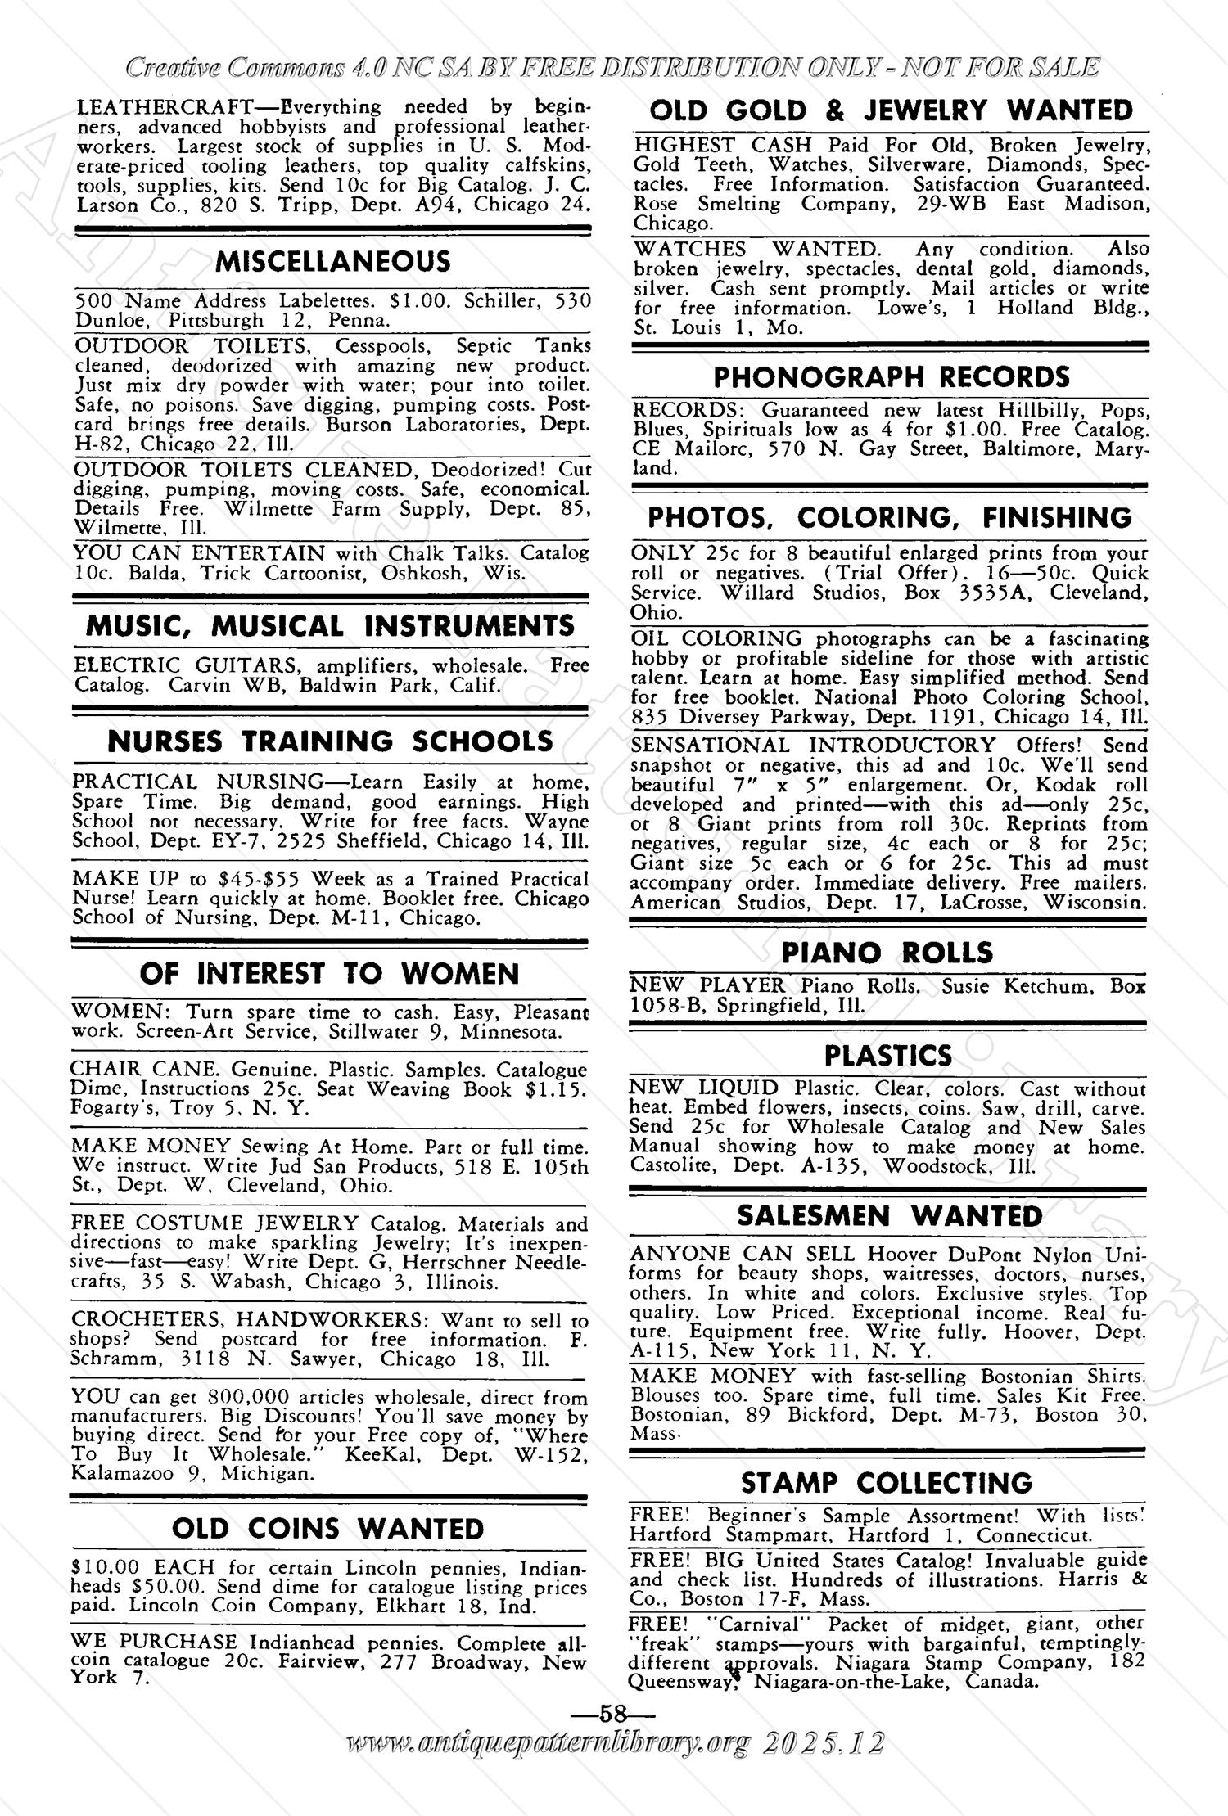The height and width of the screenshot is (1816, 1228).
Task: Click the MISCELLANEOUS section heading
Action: (332, 262)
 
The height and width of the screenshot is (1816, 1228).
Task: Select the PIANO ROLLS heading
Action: (887, 952)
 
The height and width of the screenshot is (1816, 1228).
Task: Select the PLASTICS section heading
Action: (888, 1056)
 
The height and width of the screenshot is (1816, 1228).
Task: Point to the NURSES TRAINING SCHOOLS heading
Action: (331, 741)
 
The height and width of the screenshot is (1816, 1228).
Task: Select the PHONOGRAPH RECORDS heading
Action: (892, 377)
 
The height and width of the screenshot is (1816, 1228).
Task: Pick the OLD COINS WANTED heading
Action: (328, 1529)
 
